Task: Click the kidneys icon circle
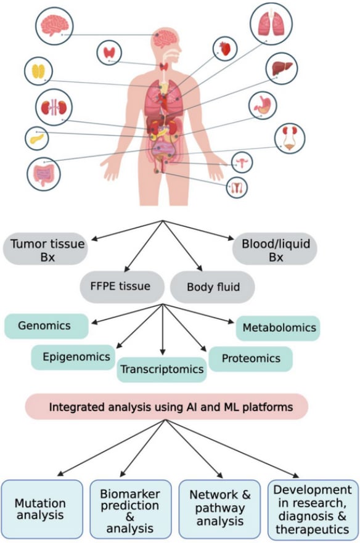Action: click(x=54, y=107)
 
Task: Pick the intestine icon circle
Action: click(x=44, y=173)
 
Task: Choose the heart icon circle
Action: click(x=225, y=49)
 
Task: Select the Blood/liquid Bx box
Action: click(x=276, y=249)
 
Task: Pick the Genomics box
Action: click(x=46, y=325)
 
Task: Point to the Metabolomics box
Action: click(x=277, y=327)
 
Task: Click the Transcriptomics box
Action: click(x=162, y=370)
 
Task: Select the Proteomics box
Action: click(x=250, y=358)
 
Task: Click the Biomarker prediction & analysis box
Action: click(x=129, y=511)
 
